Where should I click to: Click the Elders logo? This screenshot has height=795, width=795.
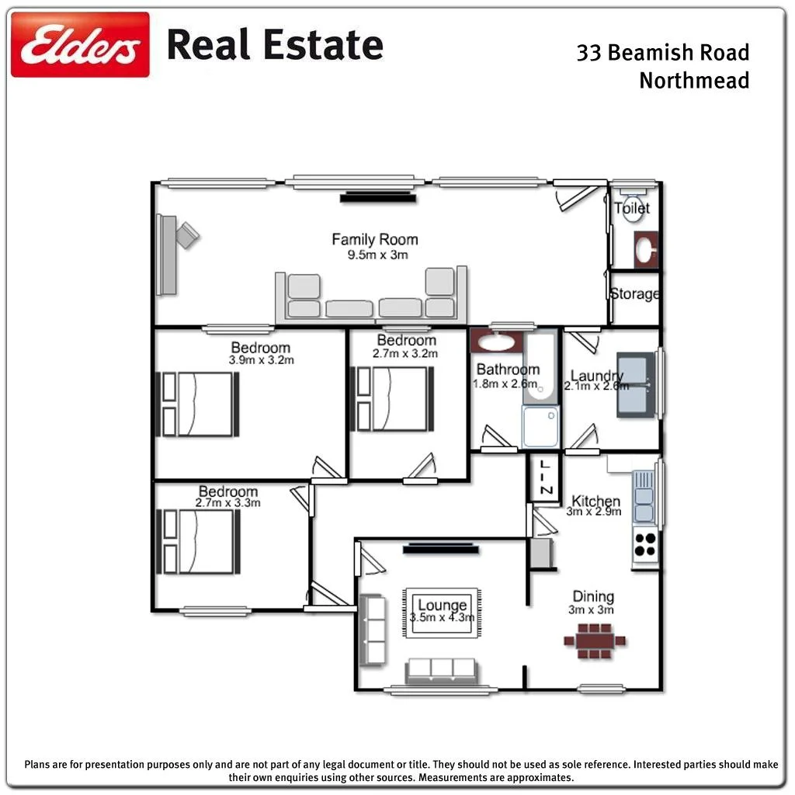click(80, 44)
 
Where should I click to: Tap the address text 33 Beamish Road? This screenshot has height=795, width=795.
click(662, 53)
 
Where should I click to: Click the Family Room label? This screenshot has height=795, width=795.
click(374, 240)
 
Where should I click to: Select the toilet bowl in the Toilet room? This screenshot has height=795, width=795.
click(632, 212)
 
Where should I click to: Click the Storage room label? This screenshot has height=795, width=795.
click(634, 294)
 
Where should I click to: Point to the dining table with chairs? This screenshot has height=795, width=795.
click(595, 642)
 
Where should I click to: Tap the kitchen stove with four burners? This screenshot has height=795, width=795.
click(644, 543)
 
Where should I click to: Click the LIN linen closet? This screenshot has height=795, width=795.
click(545, 478)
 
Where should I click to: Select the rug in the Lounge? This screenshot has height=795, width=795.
click(442, 612)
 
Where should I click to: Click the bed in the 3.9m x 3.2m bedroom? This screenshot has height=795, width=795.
click(199, 404)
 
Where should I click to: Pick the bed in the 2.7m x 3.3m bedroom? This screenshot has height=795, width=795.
click(199, 541)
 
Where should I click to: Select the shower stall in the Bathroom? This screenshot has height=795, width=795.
click(540, 427)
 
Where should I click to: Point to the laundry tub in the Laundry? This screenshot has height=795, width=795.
click(635, 384)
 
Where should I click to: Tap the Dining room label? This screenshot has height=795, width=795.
click(593, 596)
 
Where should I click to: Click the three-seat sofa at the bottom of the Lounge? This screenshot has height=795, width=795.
click(441, 670)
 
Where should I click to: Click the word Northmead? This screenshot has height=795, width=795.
click(694, 80)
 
